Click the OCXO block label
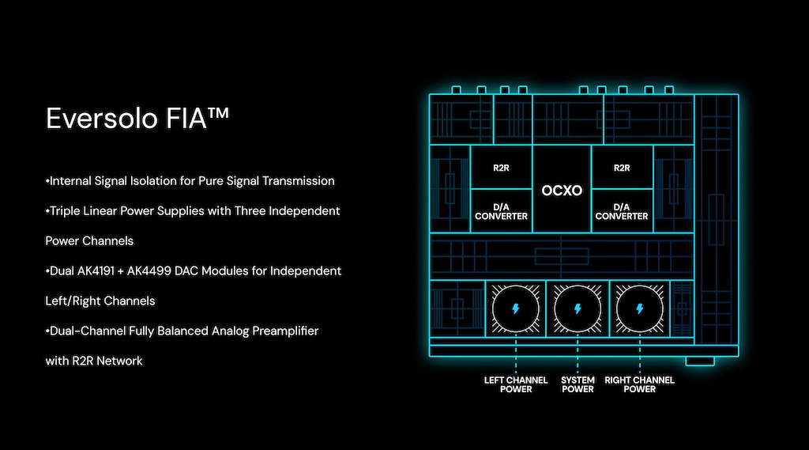point(562,191)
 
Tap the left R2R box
point(501,168)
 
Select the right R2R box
point(622,168)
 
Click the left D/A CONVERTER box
point(501,211)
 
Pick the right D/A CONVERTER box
point(622,211)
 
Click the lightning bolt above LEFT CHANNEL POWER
point(515,309)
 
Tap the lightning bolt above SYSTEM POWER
point(578,309)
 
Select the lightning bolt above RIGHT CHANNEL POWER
point(640,309)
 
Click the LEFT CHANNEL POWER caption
point(516,384)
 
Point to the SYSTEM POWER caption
point(578,384)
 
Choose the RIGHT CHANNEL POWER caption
point(640,384)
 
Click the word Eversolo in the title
point(102,119)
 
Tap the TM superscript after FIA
point(218,112)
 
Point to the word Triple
point(67,211)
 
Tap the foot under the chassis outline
point(700,361)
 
